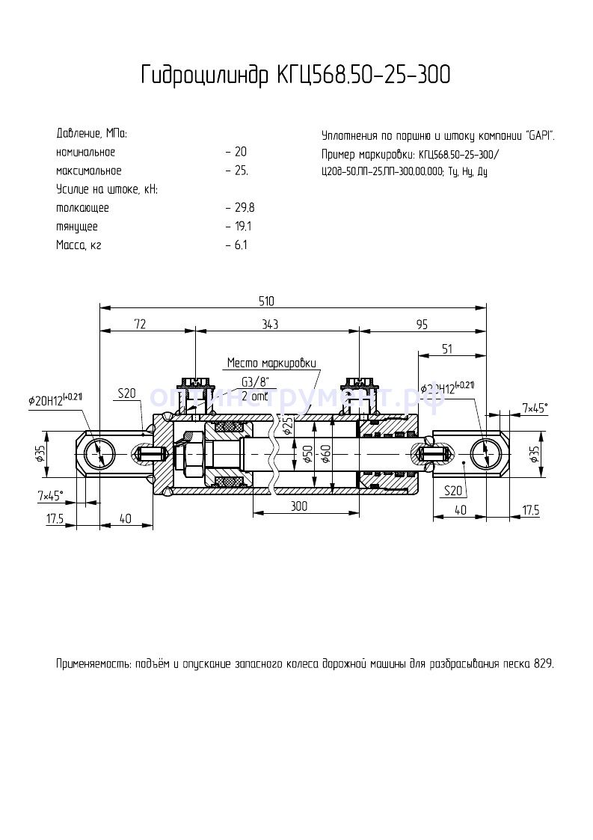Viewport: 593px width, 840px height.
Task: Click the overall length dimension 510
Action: [266, 301]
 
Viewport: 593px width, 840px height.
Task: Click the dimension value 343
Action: [270, 324]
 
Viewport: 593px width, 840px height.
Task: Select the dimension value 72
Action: [140, 324]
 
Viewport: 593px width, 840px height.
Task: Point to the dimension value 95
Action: [422, 324]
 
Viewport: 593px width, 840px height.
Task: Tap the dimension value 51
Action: [447, 349]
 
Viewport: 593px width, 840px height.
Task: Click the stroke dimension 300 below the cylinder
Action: [299, 506]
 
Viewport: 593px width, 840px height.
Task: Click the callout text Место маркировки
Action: [271, 363]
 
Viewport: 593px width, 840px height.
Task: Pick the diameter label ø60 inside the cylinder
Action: [325, 453]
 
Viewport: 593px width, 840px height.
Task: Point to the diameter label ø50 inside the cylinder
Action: [307, 453]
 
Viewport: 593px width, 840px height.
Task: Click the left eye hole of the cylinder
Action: [99, 453]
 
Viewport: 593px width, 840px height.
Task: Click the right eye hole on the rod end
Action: [485, 453]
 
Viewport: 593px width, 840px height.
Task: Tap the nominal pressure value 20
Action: [240, 152]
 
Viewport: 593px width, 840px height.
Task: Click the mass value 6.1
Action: [240, 245]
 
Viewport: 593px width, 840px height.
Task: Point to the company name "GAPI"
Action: [539, 135]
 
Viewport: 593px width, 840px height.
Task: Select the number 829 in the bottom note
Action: [544, 663]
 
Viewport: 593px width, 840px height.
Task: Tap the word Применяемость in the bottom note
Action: [93, 663]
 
